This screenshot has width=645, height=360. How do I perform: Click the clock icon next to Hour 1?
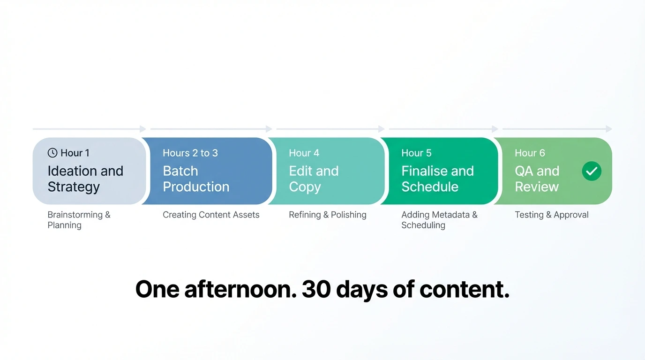(52, 153)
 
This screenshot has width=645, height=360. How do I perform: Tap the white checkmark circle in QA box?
(592, 171)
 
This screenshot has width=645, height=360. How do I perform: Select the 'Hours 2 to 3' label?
(190, 153)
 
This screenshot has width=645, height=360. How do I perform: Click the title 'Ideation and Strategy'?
(85, 179)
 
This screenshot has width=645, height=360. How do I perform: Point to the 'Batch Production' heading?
(195, 179)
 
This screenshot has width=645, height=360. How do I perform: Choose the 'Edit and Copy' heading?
(313, 179)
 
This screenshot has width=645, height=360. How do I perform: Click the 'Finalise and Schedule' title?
(437, 179)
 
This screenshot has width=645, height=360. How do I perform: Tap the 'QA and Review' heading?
(537, 179)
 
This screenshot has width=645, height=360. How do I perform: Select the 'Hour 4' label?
(304, 153)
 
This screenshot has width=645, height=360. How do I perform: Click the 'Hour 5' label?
(416, 153)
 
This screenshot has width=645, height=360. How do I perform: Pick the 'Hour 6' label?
(530, 153)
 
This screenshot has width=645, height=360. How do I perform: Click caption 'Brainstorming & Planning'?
(79, 220)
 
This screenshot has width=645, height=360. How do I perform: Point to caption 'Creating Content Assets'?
(211, 215)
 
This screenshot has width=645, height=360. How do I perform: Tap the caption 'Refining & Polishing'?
(327, 215)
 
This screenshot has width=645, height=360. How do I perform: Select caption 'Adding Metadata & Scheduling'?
(439, 220)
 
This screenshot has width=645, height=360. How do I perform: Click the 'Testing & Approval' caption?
(551, 215)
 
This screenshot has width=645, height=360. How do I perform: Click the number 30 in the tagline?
(316, 289)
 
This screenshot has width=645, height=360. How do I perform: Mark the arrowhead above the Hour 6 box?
(609, 129)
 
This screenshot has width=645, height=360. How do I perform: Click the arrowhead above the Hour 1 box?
(143, 129)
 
